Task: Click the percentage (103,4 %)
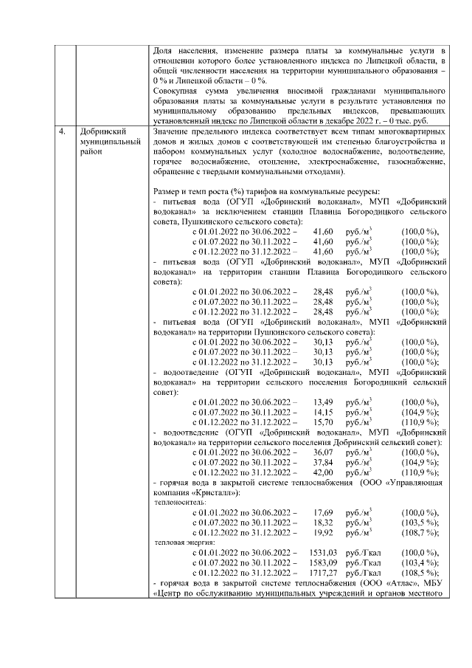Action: point(420,562)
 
